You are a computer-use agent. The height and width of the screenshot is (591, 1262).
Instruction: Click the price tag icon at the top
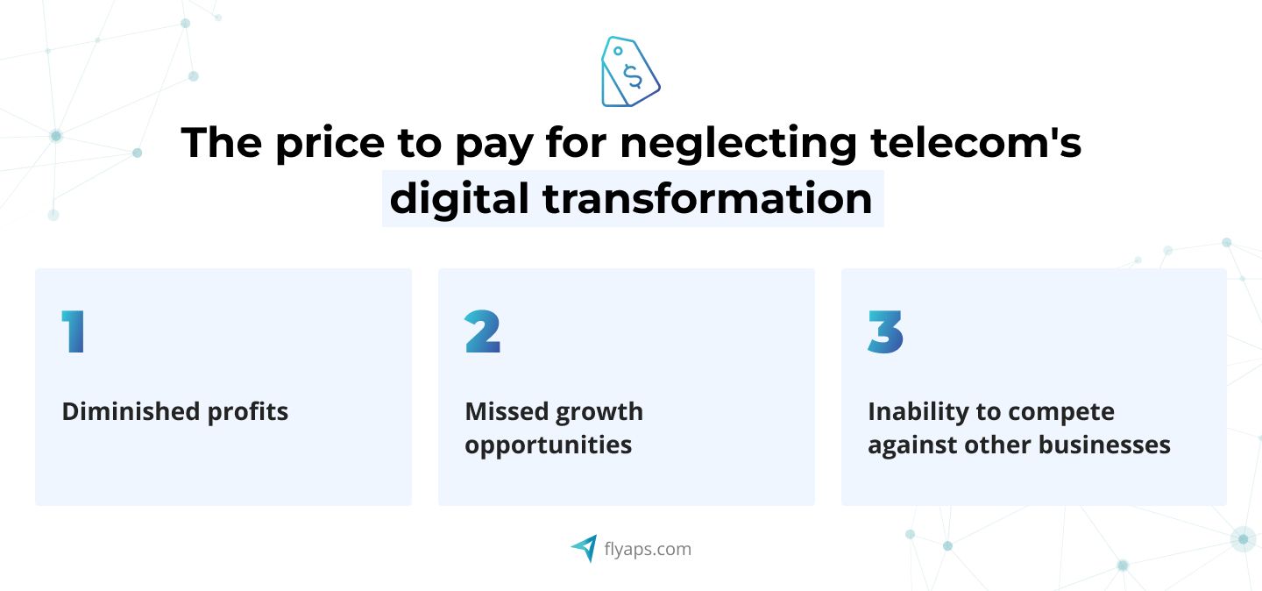point(630,72)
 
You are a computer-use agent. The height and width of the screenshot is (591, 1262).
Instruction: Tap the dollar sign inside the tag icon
point(634,76)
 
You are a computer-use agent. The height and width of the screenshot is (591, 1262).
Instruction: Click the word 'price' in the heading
point(330,144)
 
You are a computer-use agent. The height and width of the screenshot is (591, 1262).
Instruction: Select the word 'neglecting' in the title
point(739,144)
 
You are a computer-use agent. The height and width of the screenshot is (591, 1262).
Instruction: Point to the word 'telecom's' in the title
point(975,141)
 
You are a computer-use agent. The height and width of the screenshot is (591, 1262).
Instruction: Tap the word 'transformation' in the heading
point(707,198)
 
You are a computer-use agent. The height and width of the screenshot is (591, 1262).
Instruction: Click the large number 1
point(74,331)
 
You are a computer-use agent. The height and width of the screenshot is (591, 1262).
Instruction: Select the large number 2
point(483,331)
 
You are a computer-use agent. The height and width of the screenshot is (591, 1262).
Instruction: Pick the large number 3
point(886,331)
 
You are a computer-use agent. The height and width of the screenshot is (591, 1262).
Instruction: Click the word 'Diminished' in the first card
point(131,411)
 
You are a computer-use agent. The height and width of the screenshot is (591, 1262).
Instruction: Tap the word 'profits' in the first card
point(248,412)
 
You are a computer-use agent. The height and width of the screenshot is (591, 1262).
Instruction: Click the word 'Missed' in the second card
point(507,411)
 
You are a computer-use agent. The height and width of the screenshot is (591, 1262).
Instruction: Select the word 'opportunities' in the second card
point(549,445)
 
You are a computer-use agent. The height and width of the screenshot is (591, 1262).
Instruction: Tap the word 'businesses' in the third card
point(1104,445)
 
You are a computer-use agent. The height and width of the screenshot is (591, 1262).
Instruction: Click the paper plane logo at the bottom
point(585,548)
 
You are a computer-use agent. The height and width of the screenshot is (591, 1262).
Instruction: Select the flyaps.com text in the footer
point(648,549)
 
